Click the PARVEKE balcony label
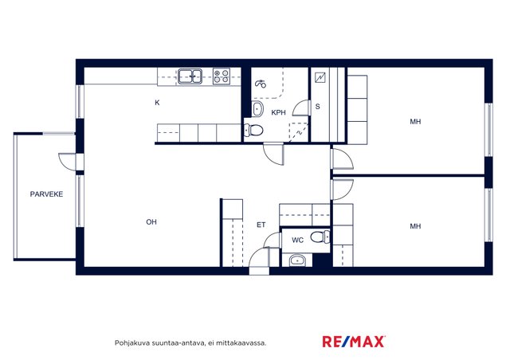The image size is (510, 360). point(46,194)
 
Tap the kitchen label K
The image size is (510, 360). point(157,103)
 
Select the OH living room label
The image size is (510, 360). point(151,222)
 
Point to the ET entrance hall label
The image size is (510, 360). point(261,225)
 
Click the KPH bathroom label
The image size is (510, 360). point(278,112)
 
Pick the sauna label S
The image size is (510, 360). point(318,107)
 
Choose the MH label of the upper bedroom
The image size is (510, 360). point(415,122)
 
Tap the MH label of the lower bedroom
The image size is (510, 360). point(415,226)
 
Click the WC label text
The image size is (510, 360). point(297,241)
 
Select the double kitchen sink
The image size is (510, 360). point(190,76)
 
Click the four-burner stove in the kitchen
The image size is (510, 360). point(222,76)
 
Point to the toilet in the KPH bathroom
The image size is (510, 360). point(253,130)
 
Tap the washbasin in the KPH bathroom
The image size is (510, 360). point(257,108)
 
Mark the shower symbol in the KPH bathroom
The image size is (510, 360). point(261,84)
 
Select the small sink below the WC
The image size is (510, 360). point(297,260)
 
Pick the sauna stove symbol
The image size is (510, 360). point(320,77)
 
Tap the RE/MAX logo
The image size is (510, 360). point(354,342)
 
